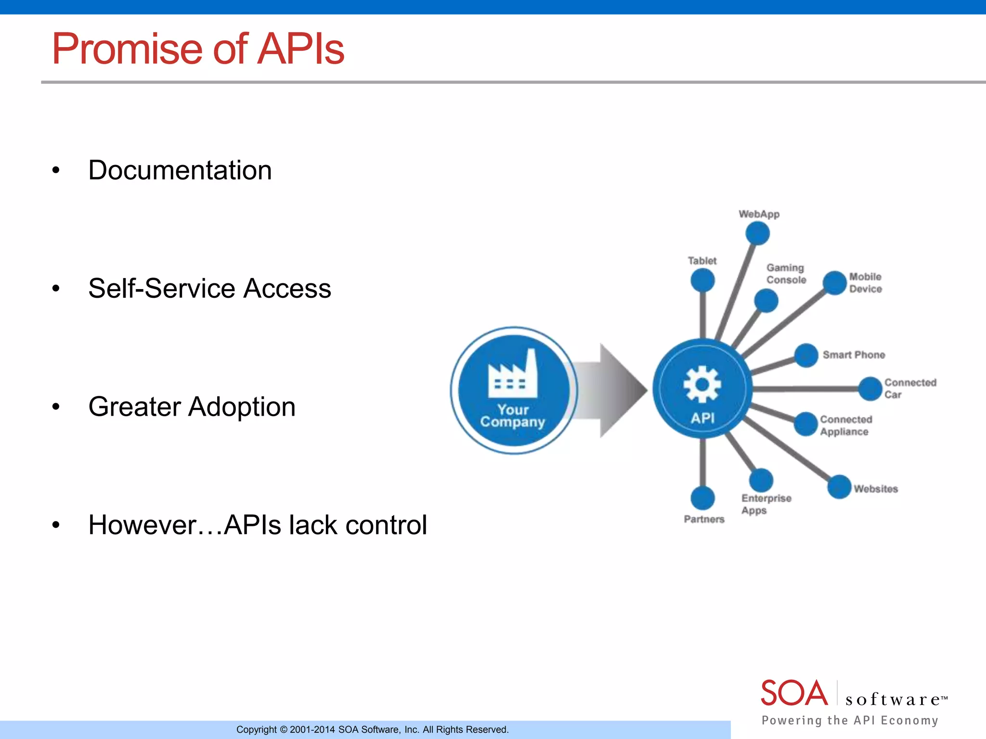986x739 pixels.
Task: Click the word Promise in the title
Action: [x=128, y=49]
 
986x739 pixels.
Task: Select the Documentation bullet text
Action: [x=180, y=170]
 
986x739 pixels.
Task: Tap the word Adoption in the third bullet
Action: [x=241, y=407]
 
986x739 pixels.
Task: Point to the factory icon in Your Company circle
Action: [x=513, y=375]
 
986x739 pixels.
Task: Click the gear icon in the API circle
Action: [x=702, y=384]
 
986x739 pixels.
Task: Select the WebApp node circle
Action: [x=757, y=234]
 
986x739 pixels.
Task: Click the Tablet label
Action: [x=702, y=261]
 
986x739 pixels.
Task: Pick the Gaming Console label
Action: [x=786, y=274]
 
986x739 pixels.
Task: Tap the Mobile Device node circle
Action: [x=834, y=283]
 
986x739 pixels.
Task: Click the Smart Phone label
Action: [x=854, y=355]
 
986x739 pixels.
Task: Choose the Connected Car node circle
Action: [x=870, y=389]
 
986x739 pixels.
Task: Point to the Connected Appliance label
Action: [x=846, y=426]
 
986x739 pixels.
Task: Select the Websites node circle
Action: [x=839, y=487]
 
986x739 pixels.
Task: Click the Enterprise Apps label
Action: [x=765, y=504]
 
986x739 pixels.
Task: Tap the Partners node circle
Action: [x=702, y=498]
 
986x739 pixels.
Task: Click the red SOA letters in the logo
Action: [x=794, y=693]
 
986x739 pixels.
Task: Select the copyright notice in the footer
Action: [x=372, y=729]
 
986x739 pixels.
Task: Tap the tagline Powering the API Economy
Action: [x=850, y=720]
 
